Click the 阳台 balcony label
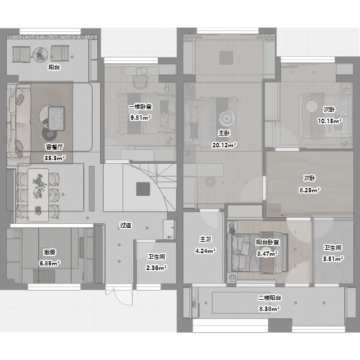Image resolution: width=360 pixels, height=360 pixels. [x=54, y=67]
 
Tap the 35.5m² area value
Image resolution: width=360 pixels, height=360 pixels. [x=55, y=157]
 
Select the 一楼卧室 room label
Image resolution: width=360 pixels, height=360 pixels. [x=140, y=107]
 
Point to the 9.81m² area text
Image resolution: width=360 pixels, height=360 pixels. [x=141, y=118]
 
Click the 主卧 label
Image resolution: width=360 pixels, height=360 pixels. [x=224, y=133]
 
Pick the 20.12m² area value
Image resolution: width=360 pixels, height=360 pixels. [x=224, y=145]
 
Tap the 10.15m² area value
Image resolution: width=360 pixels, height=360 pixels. [x=330, y=121]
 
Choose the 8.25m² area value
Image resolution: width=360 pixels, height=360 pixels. [x=309, y=190]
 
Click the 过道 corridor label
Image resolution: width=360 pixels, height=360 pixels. [x=126, y=225]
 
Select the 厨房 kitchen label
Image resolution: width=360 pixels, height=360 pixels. [x=49, y=252]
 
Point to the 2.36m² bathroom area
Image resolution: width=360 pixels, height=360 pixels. [x=156, y=268]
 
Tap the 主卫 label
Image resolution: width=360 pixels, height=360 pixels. [x=205, y=239]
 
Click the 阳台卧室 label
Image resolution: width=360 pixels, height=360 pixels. [x=268, y=242]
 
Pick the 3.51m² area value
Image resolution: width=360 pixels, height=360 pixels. [x=333, y=259]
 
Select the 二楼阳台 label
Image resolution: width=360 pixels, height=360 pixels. [x=269, y=298]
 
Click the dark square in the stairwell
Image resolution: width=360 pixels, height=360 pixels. [x=143, y=189]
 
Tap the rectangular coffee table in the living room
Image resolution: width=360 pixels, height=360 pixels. [x=56, y=119]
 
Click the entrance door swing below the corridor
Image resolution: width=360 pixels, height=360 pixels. [x=119, y=295]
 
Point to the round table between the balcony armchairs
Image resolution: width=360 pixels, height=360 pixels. [x=40, y=55]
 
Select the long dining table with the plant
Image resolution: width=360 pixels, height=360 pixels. [x=38, y=195]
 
